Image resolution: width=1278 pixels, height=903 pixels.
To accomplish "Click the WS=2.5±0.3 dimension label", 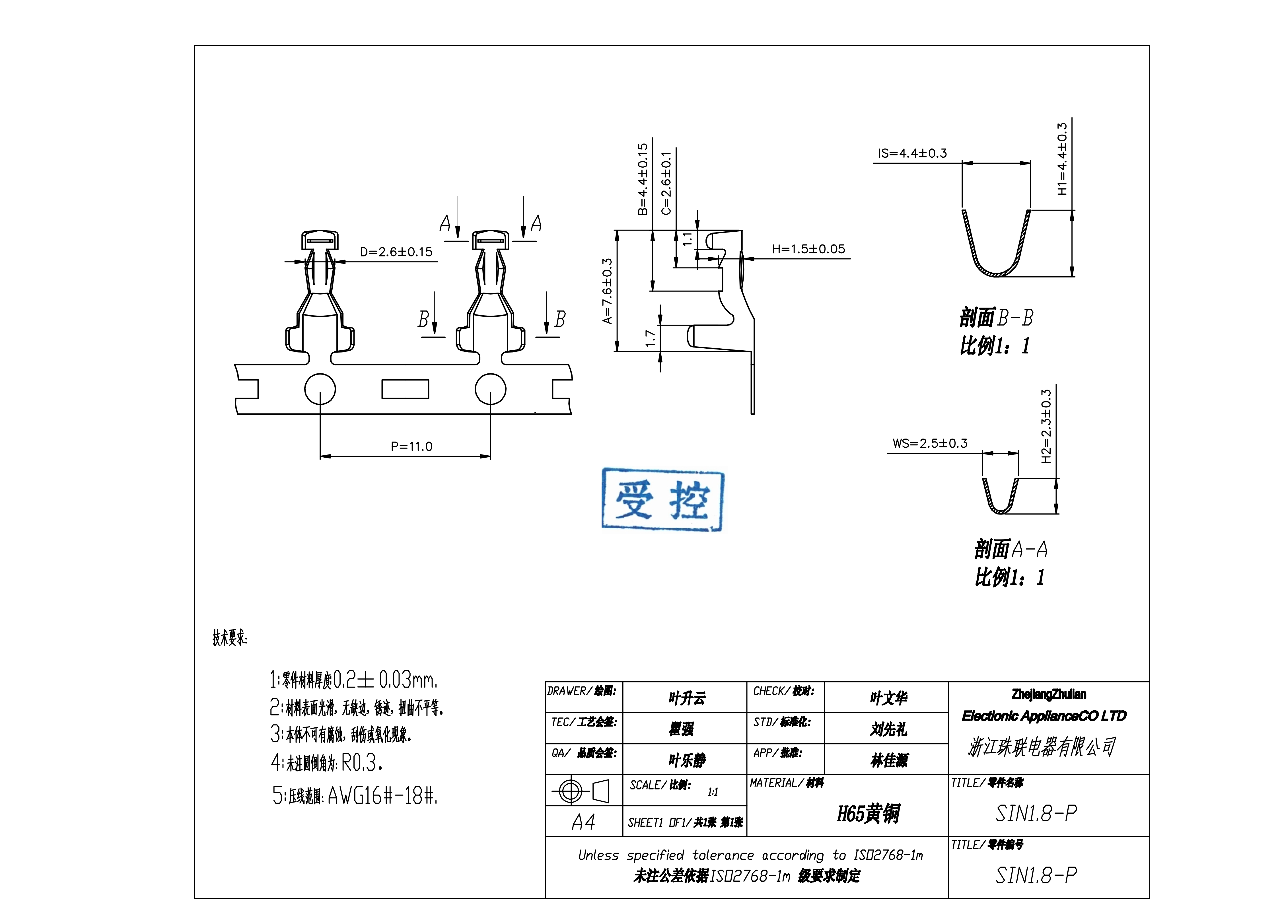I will click(930, 444).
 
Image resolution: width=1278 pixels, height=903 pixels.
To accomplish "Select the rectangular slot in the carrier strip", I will click(405, 389).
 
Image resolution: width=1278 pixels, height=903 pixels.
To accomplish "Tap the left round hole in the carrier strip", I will click(320, 389).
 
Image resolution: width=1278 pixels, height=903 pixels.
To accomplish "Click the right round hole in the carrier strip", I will click(490, 389).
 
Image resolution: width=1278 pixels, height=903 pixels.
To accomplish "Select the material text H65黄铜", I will click(868, 813).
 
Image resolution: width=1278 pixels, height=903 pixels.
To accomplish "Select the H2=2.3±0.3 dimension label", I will click(1046, 426).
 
